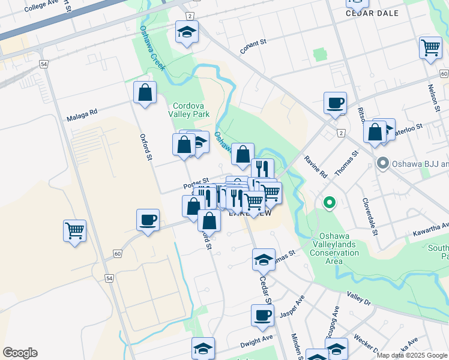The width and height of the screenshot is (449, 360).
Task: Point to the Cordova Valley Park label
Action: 191,109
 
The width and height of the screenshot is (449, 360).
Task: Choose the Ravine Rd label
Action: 315,167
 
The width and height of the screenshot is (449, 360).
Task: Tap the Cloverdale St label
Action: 368,214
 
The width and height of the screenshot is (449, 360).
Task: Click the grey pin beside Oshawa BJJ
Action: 382,163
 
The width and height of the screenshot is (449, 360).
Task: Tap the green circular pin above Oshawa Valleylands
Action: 328,203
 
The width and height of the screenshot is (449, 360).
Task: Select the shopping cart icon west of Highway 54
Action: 74,230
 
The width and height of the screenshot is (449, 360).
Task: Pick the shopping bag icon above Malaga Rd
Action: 145,92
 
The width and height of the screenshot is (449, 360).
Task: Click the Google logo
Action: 20,353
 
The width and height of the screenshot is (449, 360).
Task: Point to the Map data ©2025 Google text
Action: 412,355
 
